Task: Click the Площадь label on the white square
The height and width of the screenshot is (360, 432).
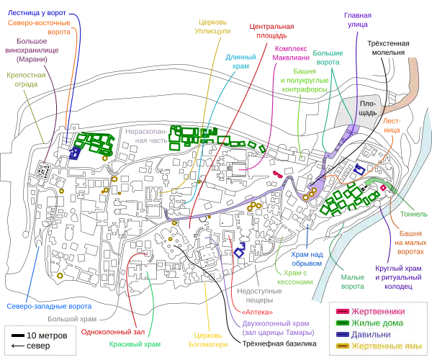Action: (362, 107)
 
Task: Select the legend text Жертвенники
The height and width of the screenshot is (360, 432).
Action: (376, 311)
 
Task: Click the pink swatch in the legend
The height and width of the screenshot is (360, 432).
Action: (343, 311)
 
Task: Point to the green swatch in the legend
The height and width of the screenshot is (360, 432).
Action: (343, 323)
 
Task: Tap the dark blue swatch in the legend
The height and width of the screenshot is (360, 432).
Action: (343, 334)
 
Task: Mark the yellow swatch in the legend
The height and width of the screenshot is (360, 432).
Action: (343, 346)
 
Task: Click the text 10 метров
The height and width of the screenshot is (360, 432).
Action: (47, 336)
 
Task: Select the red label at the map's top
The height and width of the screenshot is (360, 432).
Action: (271, 31)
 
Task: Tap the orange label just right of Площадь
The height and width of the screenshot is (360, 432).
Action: (391, 125)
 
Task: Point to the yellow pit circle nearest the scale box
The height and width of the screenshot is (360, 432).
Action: (60, 275)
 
